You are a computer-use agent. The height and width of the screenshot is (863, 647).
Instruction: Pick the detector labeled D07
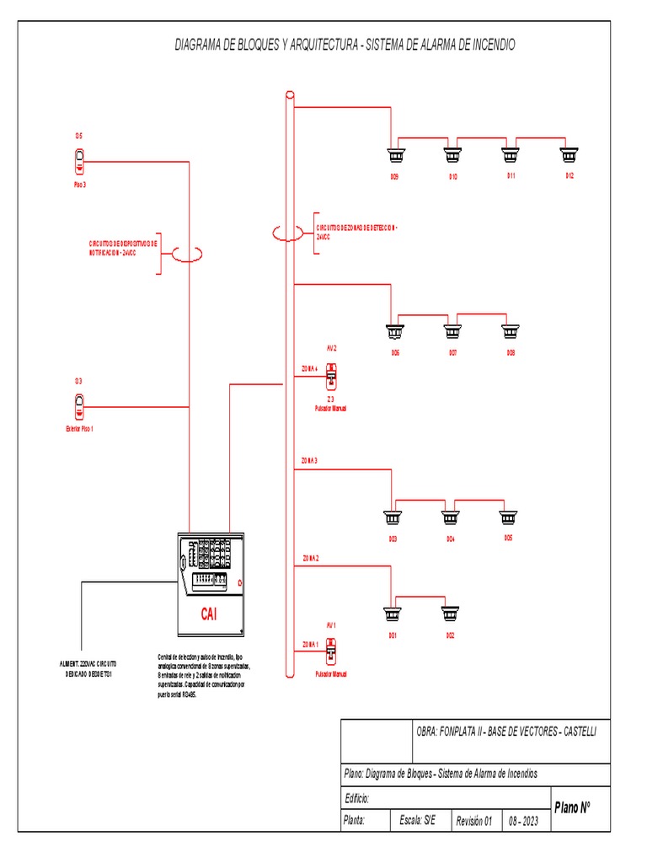point(452,331)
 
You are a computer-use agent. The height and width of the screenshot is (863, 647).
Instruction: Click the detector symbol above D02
point(450,614)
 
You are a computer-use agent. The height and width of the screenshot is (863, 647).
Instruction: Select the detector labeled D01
point(392,614)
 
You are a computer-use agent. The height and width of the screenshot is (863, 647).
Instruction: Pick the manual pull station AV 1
point(331,650)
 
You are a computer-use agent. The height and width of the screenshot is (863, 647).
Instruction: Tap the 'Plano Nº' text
point(572,807)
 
